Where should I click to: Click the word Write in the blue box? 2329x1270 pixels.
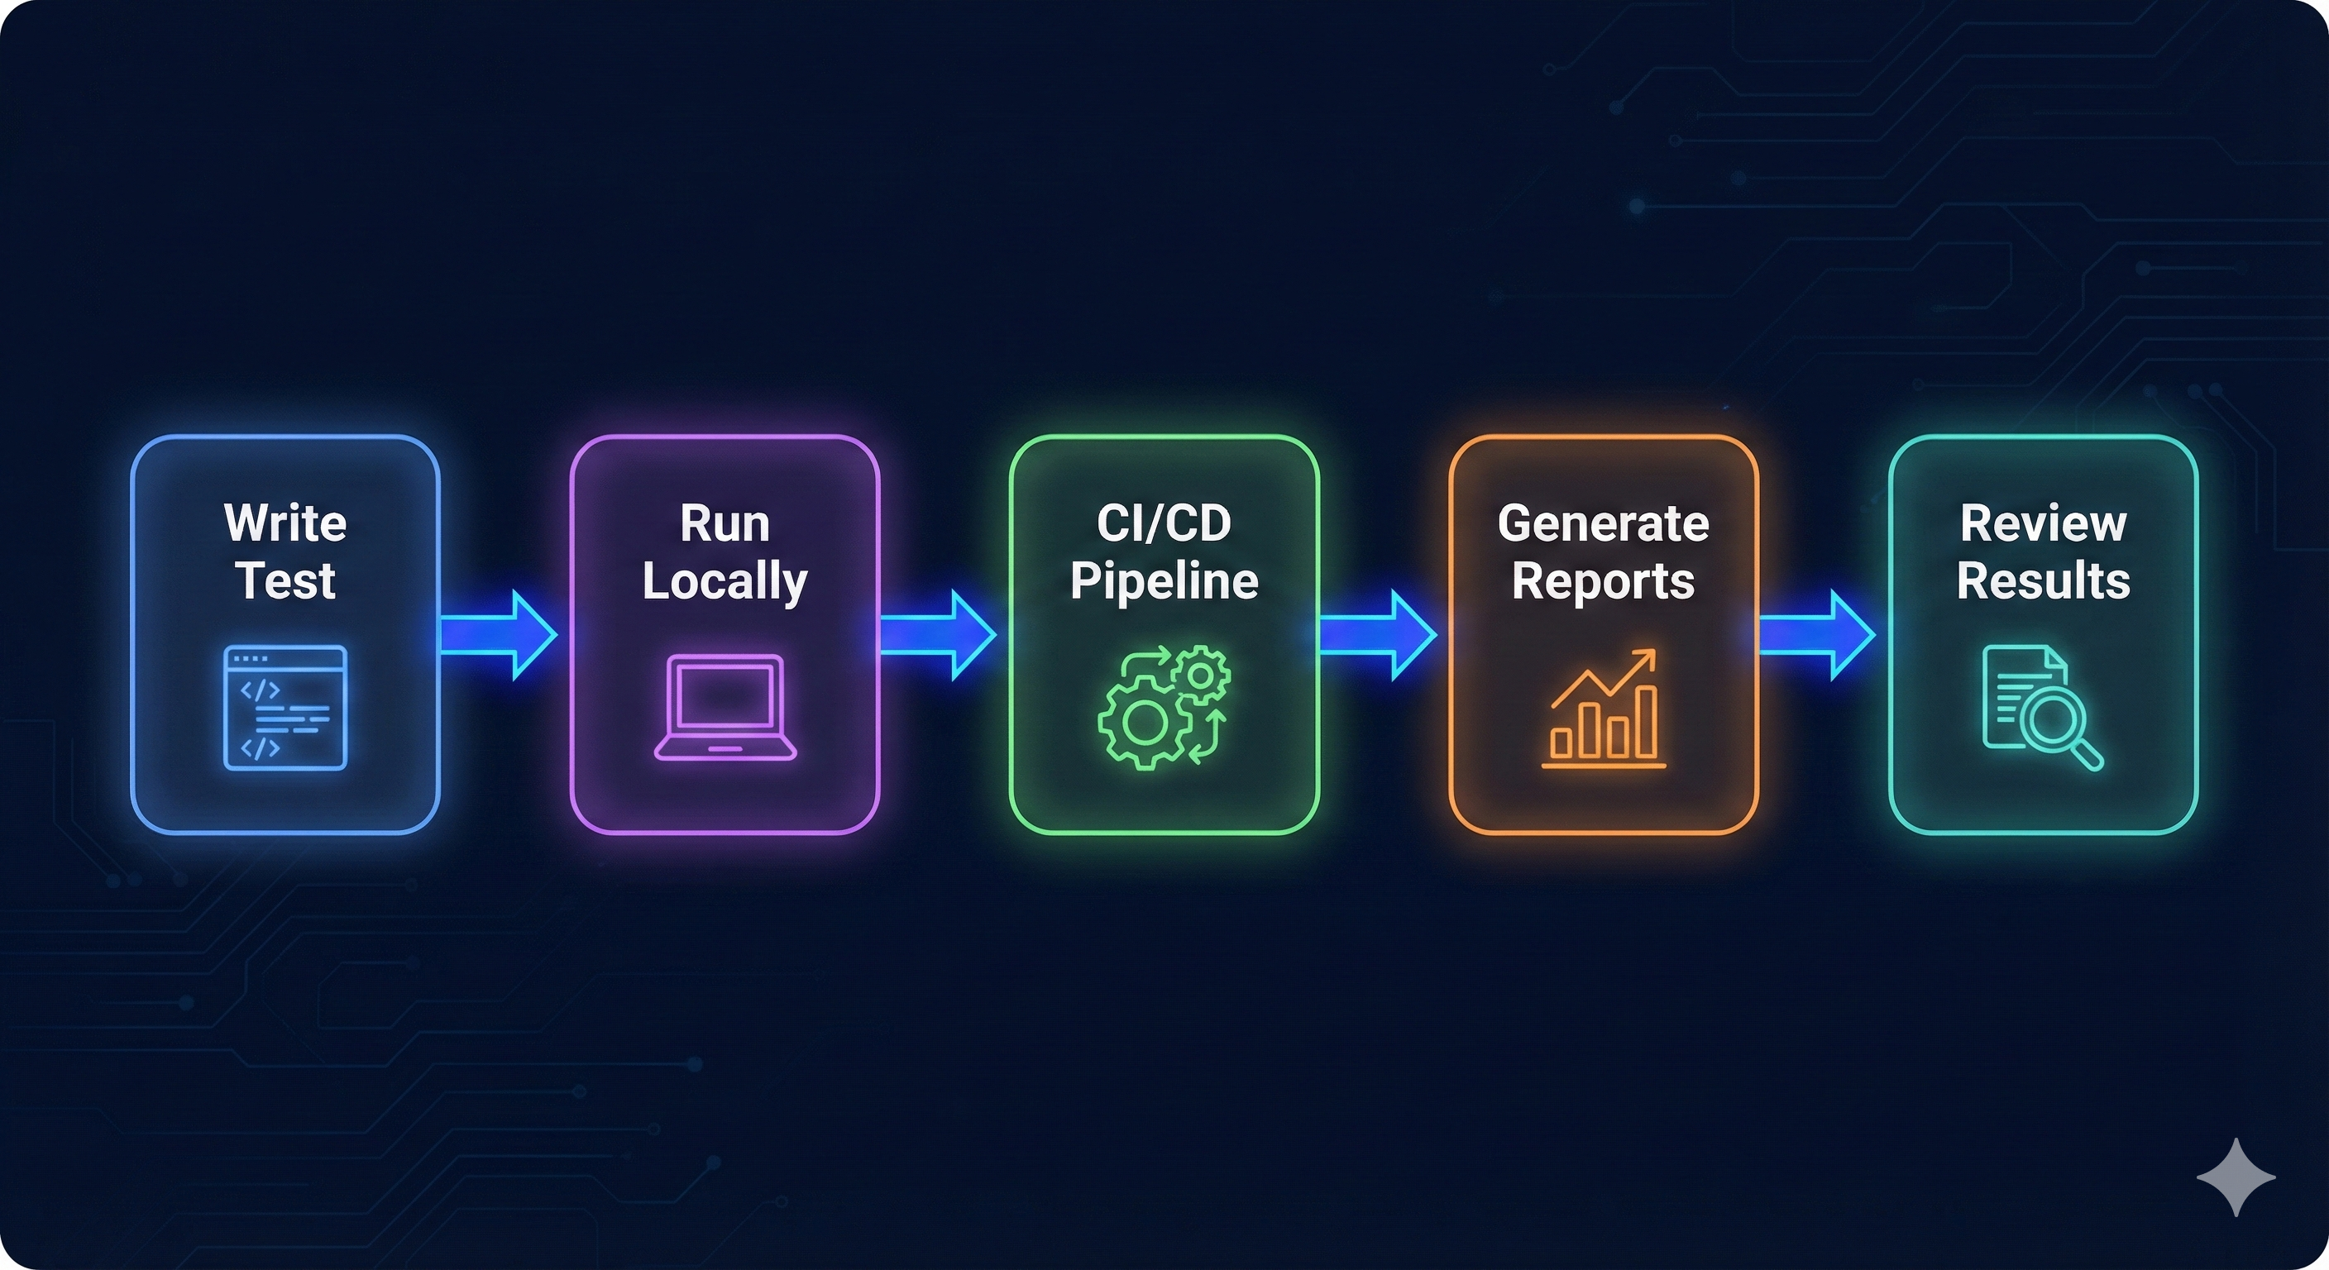285,523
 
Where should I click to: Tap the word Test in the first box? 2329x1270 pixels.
285,580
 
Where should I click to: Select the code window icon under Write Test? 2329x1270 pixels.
285,707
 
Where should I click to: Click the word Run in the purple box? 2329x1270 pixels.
725,523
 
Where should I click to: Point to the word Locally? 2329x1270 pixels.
725,580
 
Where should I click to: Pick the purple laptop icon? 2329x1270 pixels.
725,707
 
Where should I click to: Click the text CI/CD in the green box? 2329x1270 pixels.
1164,523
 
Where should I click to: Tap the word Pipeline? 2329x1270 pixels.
1164,580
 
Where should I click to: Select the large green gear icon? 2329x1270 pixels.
1144,721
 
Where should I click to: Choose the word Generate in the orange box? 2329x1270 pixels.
1603,523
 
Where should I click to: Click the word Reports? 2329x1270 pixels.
1603,580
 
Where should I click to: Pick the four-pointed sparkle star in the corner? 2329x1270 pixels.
2236,1177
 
